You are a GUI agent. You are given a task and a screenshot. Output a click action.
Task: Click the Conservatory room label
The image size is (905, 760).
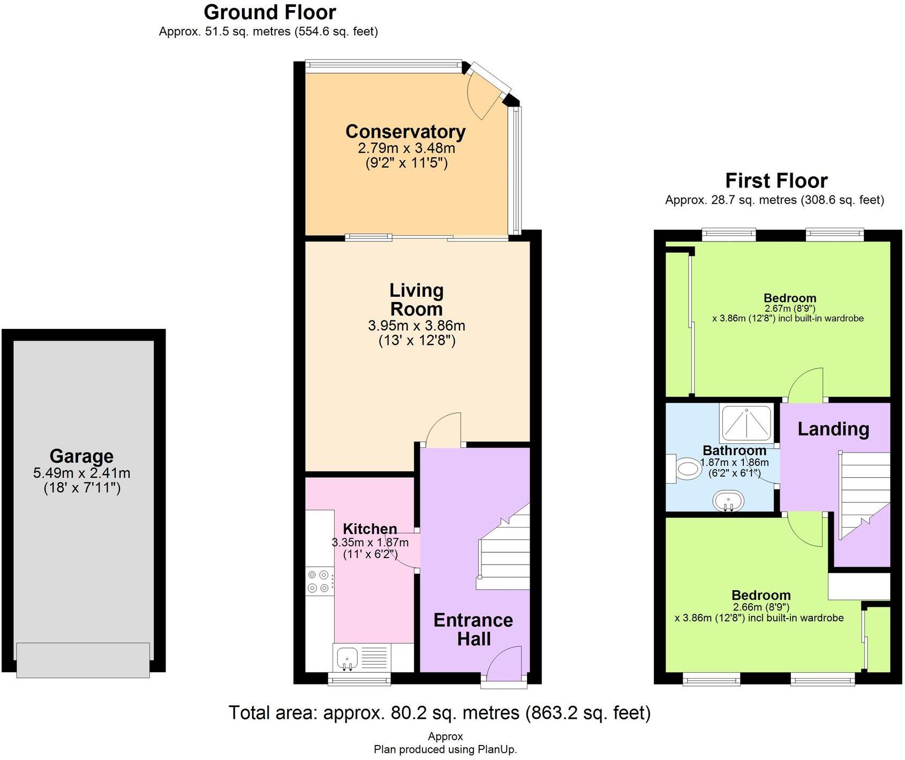point(405,131)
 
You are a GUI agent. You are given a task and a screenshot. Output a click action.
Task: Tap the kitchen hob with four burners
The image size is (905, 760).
point(319,581)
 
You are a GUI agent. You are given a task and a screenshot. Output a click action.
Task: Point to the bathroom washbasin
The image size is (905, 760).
point(728,501)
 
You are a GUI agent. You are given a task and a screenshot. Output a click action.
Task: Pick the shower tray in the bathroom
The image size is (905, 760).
point(746,424)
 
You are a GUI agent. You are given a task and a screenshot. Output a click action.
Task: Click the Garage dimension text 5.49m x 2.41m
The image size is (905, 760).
point(81,473)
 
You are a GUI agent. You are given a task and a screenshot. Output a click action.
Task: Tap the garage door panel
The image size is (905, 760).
point(83,660)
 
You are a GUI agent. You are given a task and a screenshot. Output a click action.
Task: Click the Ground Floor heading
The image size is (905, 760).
point(269,12)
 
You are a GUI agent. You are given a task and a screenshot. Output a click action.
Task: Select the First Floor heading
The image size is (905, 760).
point(776,180)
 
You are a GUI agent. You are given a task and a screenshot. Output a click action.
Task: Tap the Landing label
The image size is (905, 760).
point(833,429)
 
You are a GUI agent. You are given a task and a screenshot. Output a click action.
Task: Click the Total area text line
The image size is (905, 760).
point(439,713)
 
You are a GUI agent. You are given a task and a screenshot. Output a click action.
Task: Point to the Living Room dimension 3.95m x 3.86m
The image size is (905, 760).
point(416,326)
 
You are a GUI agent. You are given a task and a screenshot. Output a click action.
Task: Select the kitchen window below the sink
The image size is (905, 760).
point(360,680)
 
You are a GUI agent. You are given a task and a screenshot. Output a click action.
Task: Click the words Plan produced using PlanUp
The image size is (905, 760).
point(445,750)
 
